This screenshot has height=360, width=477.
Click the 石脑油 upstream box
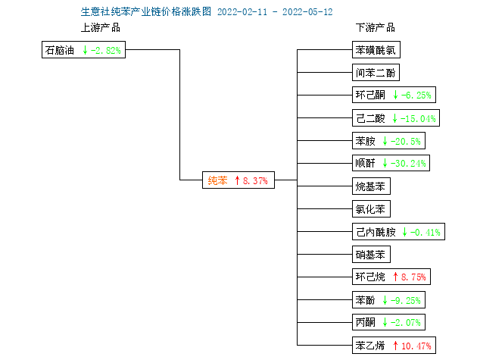coord(83,50)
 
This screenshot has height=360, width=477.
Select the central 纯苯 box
coord(238,180)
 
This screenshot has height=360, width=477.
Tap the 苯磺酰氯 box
coord(376,50)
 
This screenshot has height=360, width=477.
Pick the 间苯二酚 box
coord(376,73)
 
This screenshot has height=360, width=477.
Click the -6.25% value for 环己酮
coord(416,95)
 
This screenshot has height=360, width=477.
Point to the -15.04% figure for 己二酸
coord(418,118)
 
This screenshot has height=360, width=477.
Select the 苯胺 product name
coord(366,141)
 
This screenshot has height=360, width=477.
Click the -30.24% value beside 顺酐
coord(408,164)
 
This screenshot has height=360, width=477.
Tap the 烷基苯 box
coord(371,186)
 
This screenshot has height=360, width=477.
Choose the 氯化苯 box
coord(371,209)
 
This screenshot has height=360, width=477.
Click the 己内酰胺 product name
coord(376,232)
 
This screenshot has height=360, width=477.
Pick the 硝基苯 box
coord(371,255)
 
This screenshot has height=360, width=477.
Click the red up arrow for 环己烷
coord(395,277)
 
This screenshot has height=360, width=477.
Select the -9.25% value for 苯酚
coord(406,301)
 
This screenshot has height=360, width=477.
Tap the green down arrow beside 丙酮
coord(385,322)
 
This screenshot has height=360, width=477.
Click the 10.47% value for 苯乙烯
coord(416,346)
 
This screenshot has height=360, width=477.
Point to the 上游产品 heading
coord(101,28)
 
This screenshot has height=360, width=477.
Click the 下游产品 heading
coord(376,28)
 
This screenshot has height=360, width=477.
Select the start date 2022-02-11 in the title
coord(242,12)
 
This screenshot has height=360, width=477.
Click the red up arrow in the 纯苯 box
coord(237,180)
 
